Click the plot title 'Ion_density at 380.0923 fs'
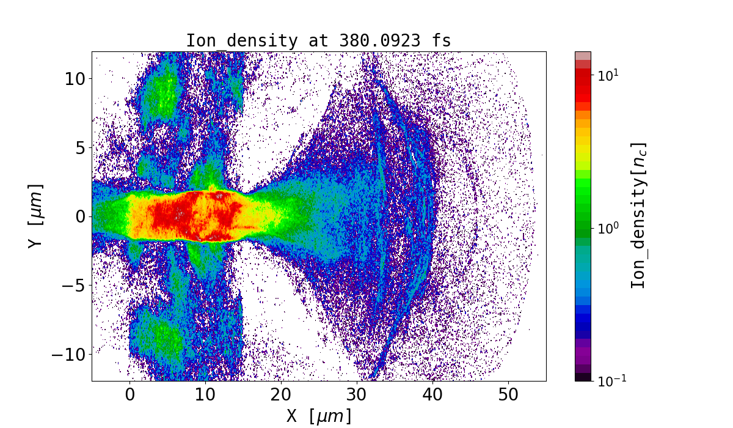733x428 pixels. coord(318,41)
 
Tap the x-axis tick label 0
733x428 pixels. coord(130,395)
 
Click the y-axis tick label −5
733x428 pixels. coord(71,286)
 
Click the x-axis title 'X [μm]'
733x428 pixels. coord(319,416)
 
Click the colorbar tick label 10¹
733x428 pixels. coord(608,75)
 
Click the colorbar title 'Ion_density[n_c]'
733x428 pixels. coord(638,215)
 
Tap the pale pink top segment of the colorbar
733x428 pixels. coord(583,56)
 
